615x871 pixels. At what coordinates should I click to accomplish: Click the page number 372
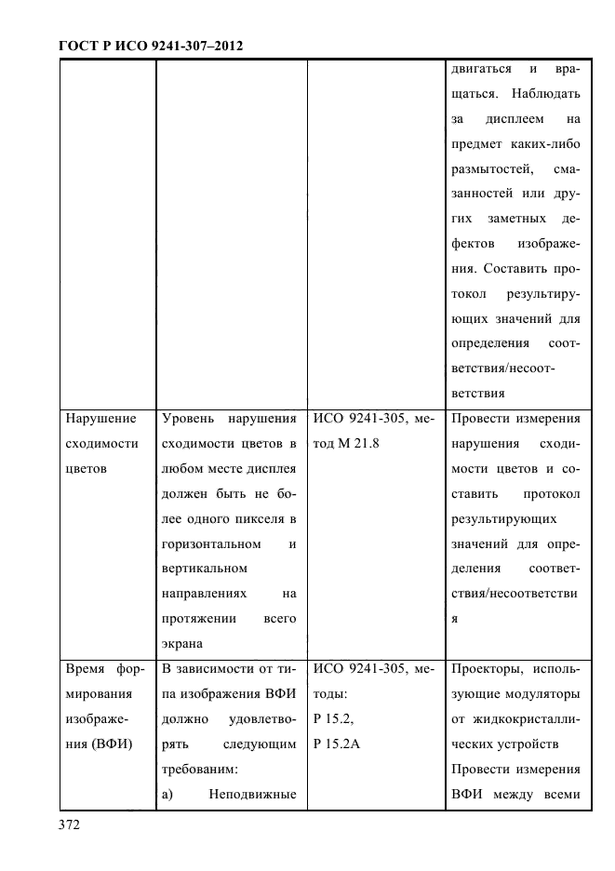tap(72, 825)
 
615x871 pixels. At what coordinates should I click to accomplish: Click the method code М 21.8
tap(358, 444)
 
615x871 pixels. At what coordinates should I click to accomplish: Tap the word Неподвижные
tap(252, 794)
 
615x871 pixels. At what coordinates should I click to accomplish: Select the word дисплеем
tap(516, 120)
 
